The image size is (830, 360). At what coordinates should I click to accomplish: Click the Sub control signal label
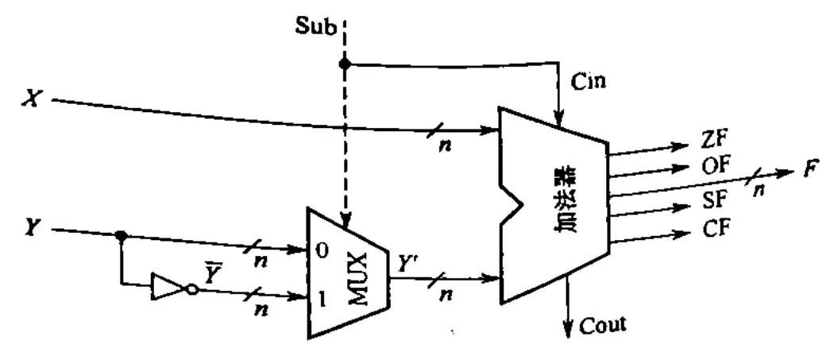coord(315,26)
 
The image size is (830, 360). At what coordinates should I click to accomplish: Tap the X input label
coord(31,99)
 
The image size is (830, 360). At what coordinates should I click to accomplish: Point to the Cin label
coord(588,82)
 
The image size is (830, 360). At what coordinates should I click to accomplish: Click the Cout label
coord(602,324)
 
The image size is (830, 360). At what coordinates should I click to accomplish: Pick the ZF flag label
coord(715,140)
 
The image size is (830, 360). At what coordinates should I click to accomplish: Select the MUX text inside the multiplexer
coord(358,279)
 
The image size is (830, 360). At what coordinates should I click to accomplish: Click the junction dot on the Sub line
coord(345,64)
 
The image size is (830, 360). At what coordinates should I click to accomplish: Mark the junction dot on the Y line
coord(121,235)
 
